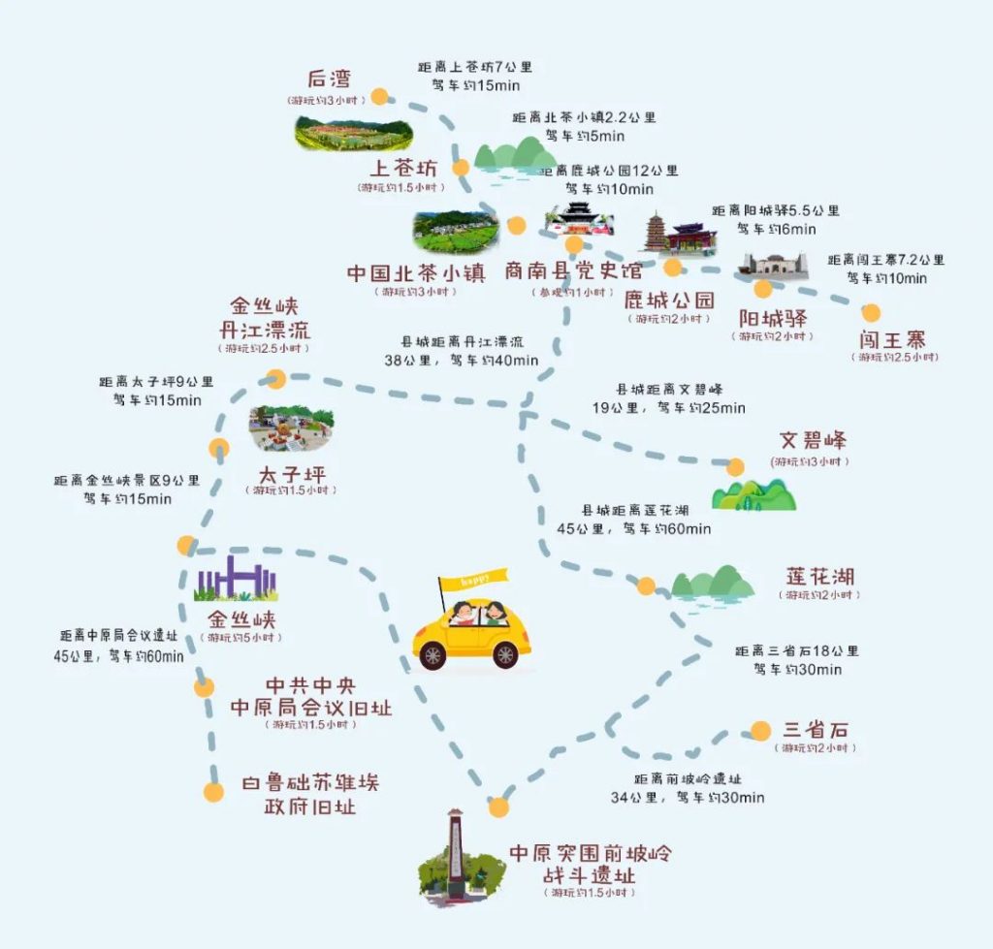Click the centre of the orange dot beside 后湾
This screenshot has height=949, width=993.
379,96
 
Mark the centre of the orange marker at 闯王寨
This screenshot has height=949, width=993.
871,312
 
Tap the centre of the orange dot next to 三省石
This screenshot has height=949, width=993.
760,731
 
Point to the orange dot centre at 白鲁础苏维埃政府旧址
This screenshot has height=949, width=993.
213,792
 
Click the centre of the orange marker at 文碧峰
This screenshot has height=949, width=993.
735,467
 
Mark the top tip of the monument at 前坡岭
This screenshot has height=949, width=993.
455,809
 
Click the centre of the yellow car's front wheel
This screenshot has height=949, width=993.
433,655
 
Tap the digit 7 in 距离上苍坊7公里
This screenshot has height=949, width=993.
497,67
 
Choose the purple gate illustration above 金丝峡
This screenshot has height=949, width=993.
236,578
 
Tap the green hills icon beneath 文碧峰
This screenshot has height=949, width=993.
753,495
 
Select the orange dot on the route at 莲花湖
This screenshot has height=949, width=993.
646,585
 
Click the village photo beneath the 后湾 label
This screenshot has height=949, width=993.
353,134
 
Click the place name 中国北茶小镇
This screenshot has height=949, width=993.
416,273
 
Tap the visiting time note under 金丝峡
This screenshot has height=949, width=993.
241,638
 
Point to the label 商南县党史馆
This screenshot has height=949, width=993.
573,271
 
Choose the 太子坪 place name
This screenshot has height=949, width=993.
292,474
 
